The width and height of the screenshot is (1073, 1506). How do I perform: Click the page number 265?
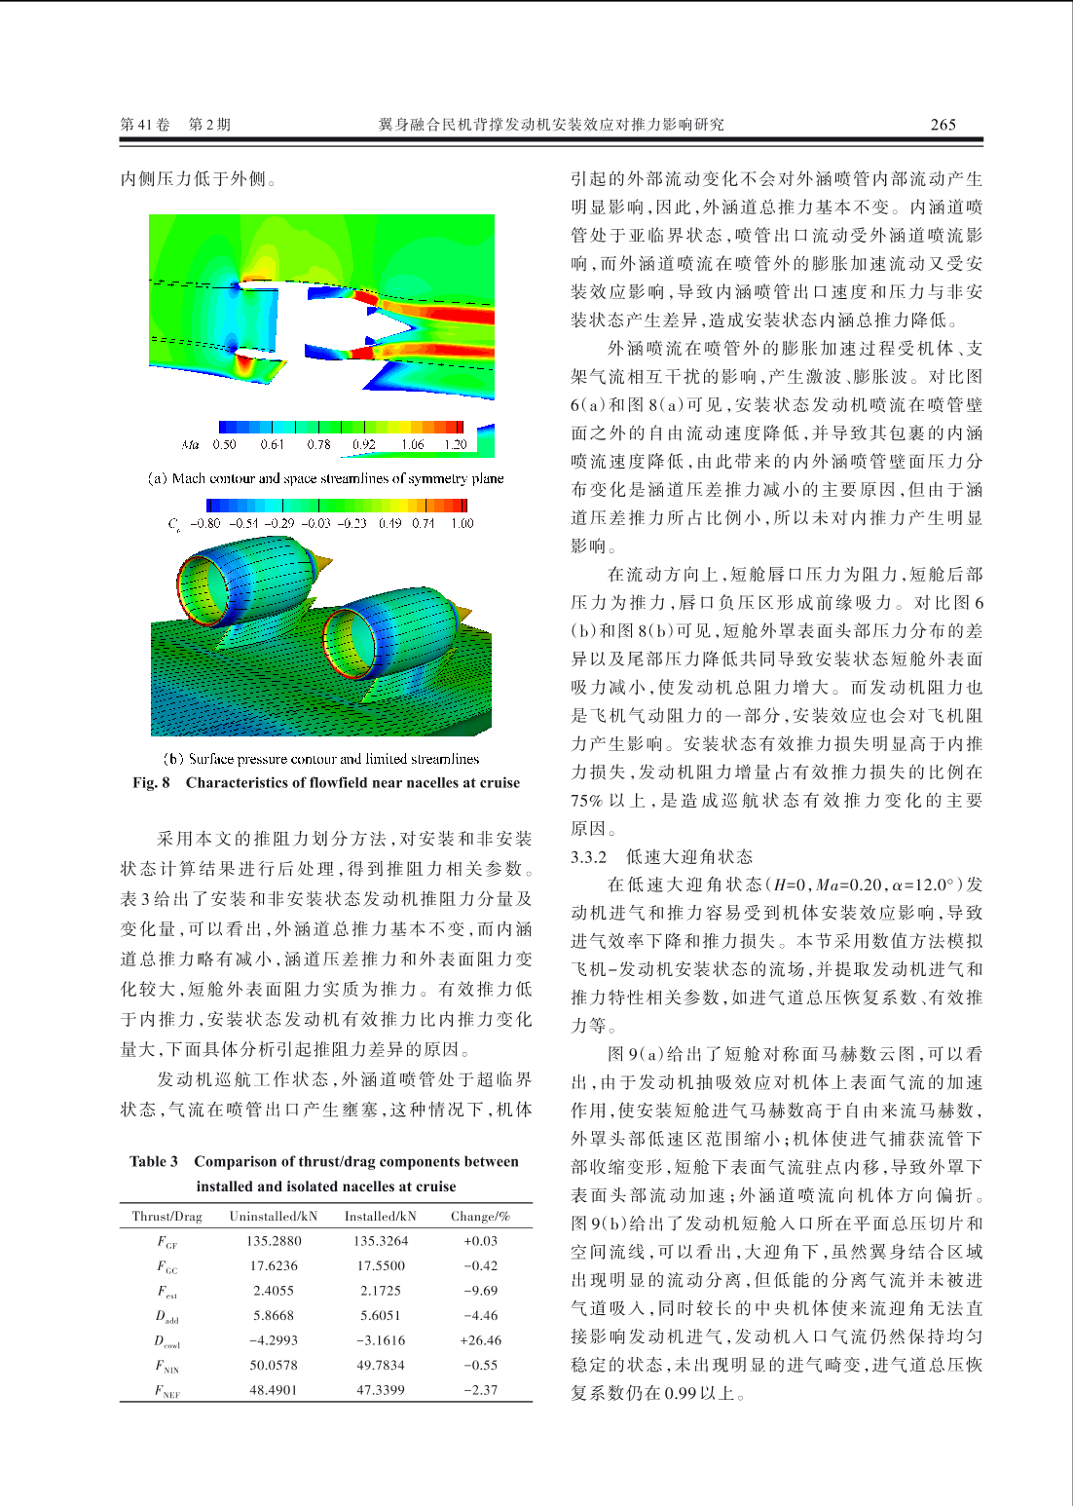click(943, 125)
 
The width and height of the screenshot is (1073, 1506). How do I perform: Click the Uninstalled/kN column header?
click(273, 1216)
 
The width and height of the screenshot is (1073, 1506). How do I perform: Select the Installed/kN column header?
click(380, 1216)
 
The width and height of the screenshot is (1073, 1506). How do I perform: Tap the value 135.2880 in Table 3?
click(274, 1241)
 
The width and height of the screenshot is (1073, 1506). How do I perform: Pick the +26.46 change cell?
click(480, 1340)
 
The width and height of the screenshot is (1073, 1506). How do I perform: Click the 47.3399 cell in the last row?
click(380, 1390)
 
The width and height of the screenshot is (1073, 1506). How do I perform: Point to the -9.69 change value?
click(480, 1291)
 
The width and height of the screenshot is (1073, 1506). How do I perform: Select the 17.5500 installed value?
click(381, 1265)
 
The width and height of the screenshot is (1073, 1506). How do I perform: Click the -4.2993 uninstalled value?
click(274, 1340)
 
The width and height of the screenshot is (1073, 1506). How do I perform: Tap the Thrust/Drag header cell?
click(166, 1216)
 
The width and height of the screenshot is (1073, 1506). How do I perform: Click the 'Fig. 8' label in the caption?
click(151, 783)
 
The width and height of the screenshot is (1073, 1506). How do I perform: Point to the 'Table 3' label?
click(154, 1161)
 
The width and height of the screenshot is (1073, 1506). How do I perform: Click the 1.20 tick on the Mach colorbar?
click(456, 444)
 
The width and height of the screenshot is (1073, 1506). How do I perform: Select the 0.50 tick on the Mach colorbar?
click(224, 444)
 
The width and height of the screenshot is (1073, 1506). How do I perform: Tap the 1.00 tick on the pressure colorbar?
click(462, 523)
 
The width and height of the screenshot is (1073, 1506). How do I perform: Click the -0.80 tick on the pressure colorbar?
click(205, 523)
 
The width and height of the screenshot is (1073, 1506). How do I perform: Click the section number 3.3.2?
click(588, 857)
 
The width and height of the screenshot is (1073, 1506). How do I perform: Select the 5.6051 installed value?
click(380, 1315)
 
